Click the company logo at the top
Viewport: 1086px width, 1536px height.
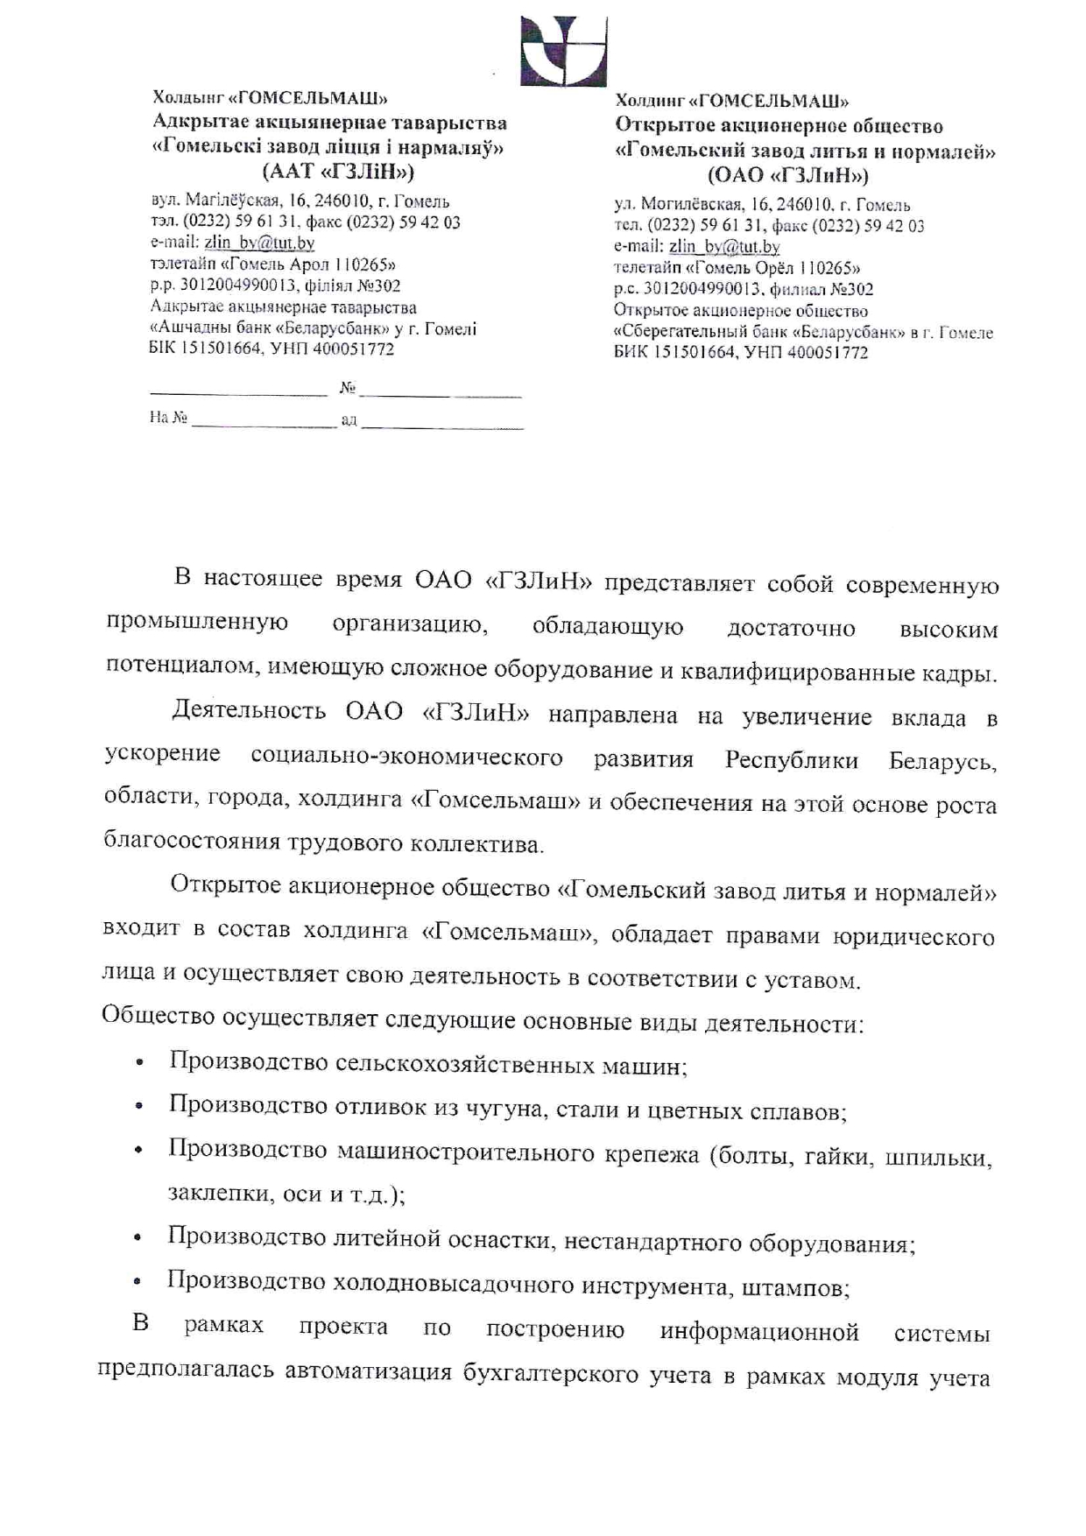563,50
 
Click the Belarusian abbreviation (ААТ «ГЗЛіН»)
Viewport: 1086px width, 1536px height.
338,171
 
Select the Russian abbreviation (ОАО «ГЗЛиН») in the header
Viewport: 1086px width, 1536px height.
787,175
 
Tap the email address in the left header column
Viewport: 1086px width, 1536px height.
259,243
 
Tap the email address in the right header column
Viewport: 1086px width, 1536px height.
723,247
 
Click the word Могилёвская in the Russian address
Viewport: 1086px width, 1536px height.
694,205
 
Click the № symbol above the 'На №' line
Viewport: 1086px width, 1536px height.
347,387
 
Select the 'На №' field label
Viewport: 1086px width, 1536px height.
168,418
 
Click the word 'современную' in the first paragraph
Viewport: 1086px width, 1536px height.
922,585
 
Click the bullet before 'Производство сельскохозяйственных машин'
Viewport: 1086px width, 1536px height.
139,1066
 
